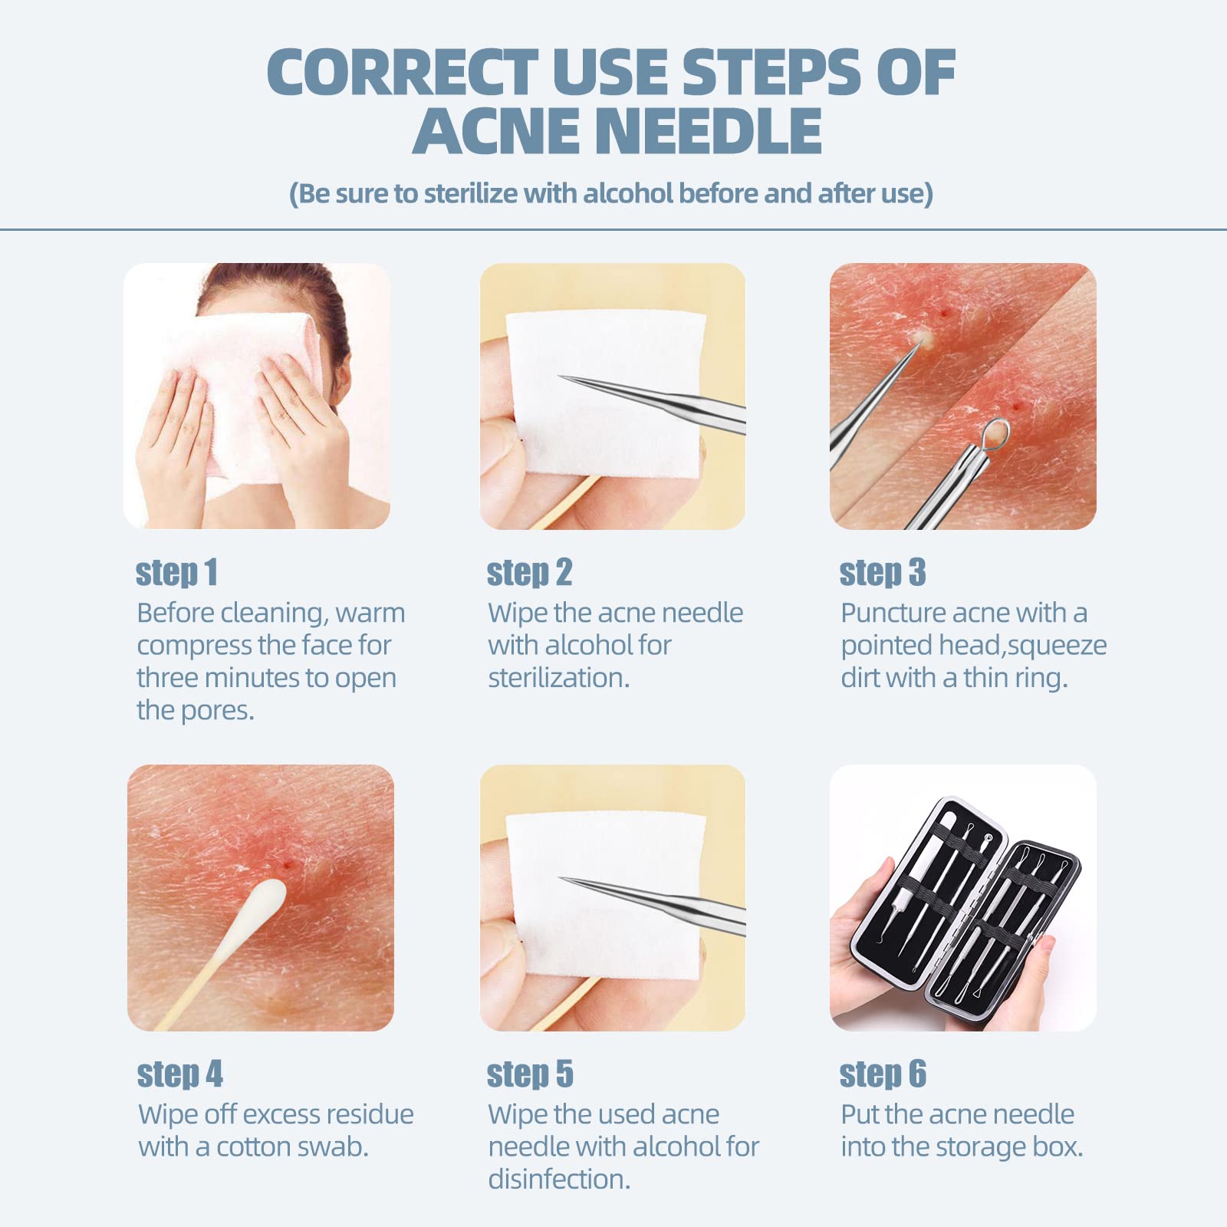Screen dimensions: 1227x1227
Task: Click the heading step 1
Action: [x=177, y=573]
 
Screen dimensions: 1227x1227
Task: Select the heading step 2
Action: [x=529, y=573]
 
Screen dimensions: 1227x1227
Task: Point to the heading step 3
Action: [x=883, y=573]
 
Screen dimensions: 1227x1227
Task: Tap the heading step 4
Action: [x=179, y=1074]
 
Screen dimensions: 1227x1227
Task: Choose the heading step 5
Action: [x=530, y=1074]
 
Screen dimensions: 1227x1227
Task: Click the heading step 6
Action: [x=883, y=1074]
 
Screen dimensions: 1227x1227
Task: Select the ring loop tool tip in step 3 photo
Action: [x=994, y=434]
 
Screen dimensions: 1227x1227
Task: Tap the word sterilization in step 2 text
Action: [x=558, y=678]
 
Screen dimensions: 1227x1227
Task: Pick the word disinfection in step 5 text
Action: [x=558, y=1179]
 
